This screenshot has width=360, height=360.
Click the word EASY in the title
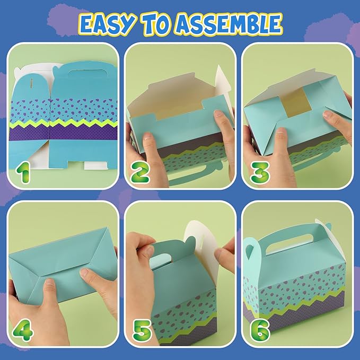click(x=106, y=25)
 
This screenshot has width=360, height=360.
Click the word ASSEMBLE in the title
click(x=230, y=24)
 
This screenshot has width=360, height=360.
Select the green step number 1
click(x=23, y=172)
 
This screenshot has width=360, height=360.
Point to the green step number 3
click(x=259, y=173)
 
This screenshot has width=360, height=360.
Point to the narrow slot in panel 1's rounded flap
click(x=32, y=83)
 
